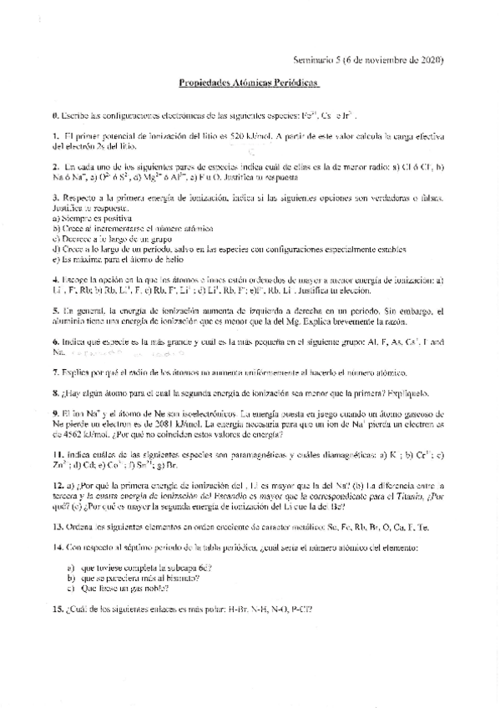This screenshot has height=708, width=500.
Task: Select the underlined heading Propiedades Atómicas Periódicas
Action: (x=249, y=86)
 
